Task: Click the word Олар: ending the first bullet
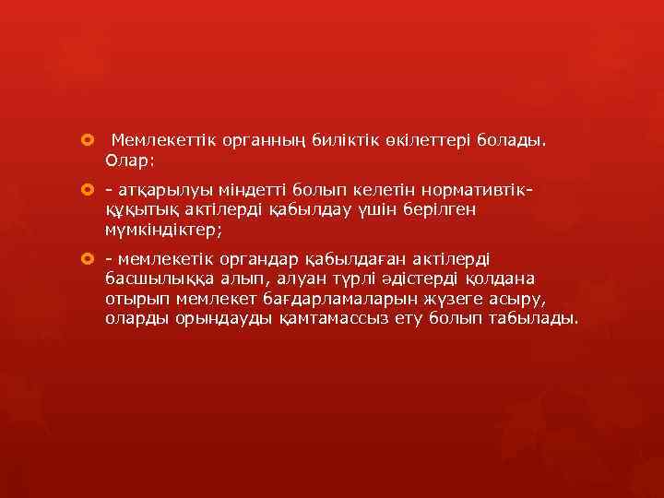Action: [131, 160]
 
